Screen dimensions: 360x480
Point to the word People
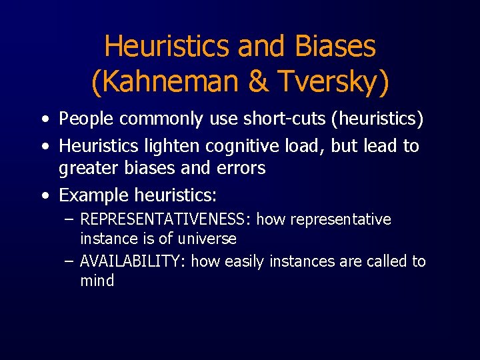[87, 119]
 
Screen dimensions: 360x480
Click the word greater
[87, 169]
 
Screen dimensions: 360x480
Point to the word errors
[241, 169]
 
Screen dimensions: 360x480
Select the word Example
[93, 195]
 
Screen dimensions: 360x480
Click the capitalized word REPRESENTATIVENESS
[165, 219]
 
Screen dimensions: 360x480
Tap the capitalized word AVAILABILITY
[133, 261]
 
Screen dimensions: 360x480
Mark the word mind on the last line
[97, 281]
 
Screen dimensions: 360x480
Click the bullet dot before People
[44, 121]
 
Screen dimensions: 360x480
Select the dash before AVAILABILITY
[69, 261]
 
